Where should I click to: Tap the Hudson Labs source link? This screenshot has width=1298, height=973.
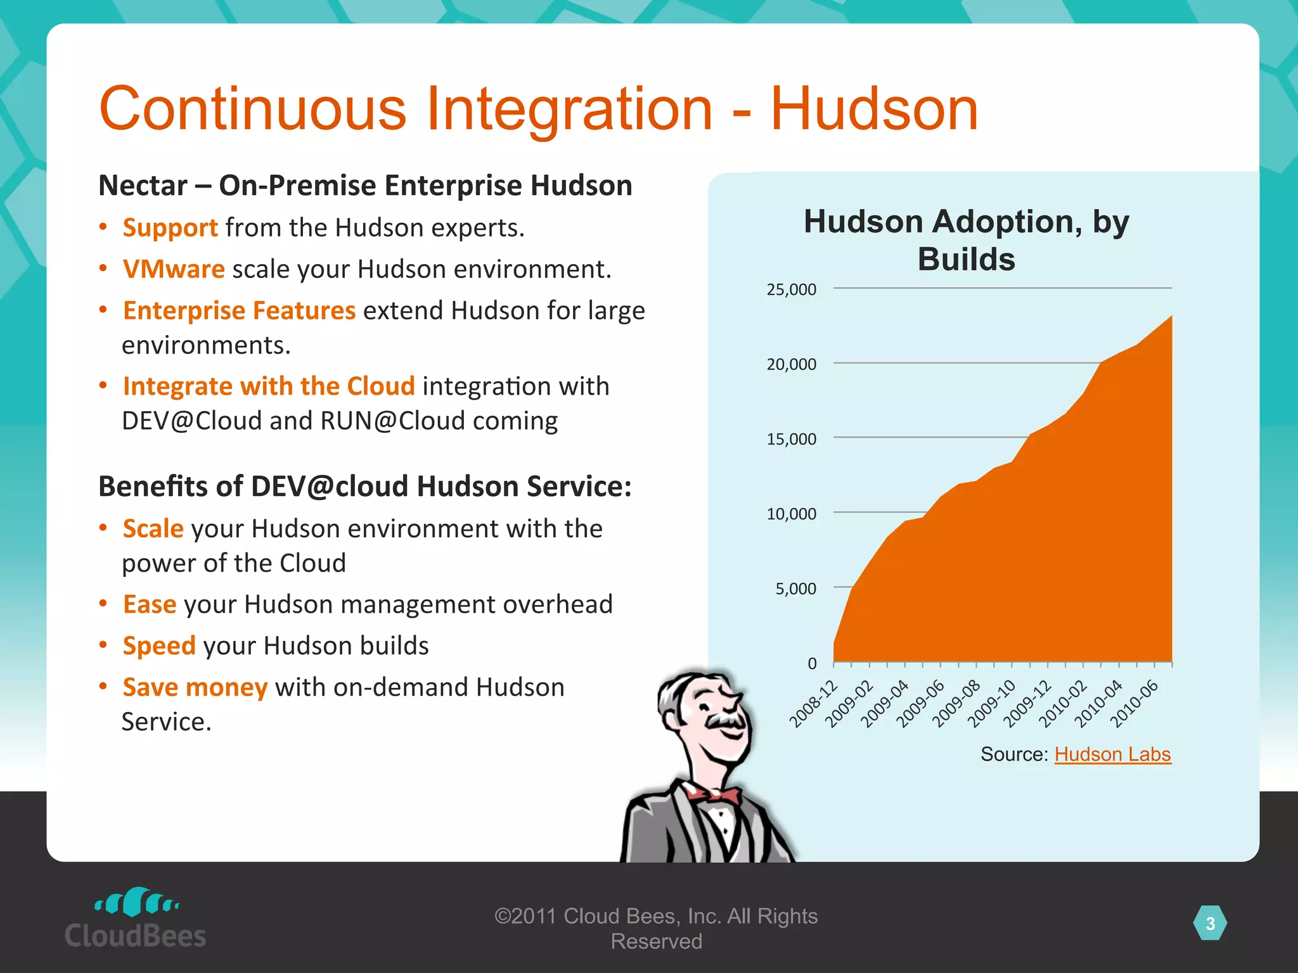[x=1112, y=754]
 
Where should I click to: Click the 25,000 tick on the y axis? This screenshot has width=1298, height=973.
[x=792, y=289]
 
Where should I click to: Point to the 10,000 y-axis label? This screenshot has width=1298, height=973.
[x=792, y=514]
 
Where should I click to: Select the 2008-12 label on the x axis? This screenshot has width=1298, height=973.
[x=813, y=704]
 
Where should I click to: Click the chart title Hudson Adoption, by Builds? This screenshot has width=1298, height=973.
[x=966, y=240]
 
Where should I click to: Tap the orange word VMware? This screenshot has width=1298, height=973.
[x=174, y=269]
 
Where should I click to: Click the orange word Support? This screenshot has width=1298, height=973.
[x=170, y=228]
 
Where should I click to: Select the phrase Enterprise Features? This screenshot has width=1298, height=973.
[x=239, y=311]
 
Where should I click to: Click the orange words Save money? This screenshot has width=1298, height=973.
[x=195, y=687]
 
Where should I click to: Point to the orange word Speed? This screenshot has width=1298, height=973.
[x=159, y=646]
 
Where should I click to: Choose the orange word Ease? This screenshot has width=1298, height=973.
[x=150, y=604]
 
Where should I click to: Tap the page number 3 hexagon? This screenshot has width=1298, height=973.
[x=1210, y=924]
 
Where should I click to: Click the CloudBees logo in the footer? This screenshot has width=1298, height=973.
[x=135, y=919]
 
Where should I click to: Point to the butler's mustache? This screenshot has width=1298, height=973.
[x=726, y=721]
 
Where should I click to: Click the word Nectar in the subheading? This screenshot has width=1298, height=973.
[x=143, y=186]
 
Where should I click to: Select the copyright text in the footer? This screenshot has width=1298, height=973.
[x=656, y=929]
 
